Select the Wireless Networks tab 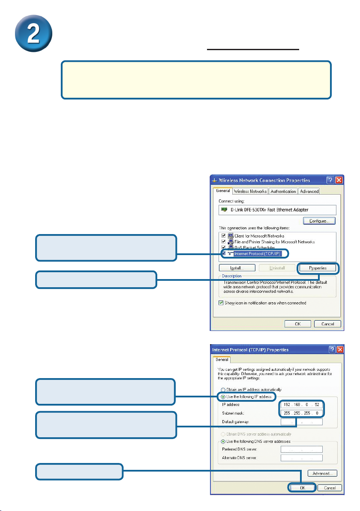pyautogui.click(x=251, y=191)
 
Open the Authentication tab pyautogui.click(x=283, y=191)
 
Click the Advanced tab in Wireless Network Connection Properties pyautogui.click(x=309, y=191)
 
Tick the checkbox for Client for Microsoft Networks pyautogui.click(x=222, y=236)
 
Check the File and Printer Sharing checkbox pyautogui.click(x=222, y=242)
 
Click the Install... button pyautogui.click(x=237, y=268)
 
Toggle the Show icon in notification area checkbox pyautogui.click(x=222, y=303)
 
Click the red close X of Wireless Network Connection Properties pyautogui.click(x=339, y=180)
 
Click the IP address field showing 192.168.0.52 pyautogui.click(x=301, y=404)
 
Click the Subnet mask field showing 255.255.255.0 pyautogui.click(x=301, y=413)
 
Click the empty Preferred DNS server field pyautogui.click(x=301, y=449)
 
